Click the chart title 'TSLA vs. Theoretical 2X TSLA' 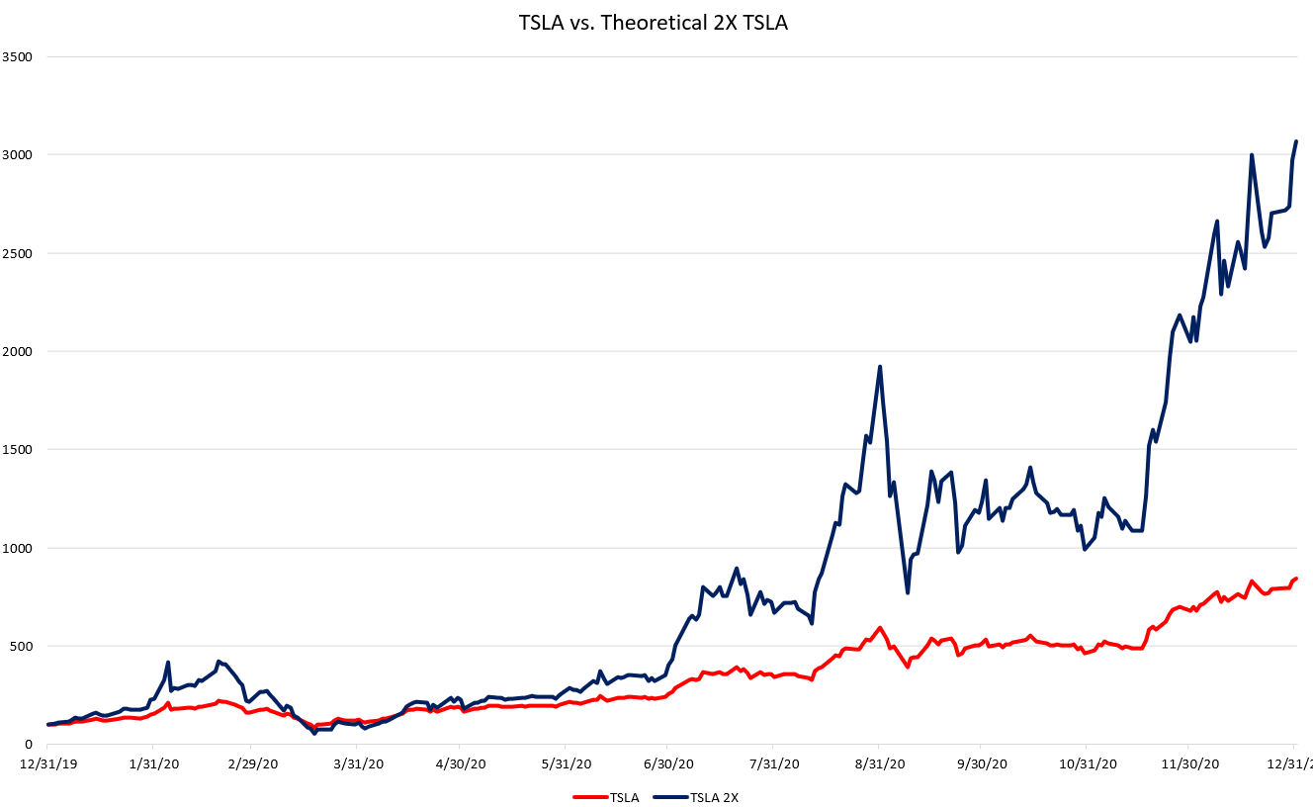tap(654, 23)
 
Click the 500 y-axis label tap(22, 646)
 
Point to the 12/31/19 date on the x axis tap(47, 763)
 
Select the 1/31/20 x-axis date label tap(155, 763)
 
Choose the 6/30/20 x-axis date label tap(668, 763)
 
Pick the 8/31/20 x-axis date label tap(879, 763)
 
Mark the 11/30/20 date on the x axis tap(1189, 763)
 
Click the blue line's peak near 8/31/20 tap(880, 367)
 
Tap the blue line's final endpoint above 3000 tap(1295, 141)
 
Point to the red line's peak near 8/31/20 tap(879, 627)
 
